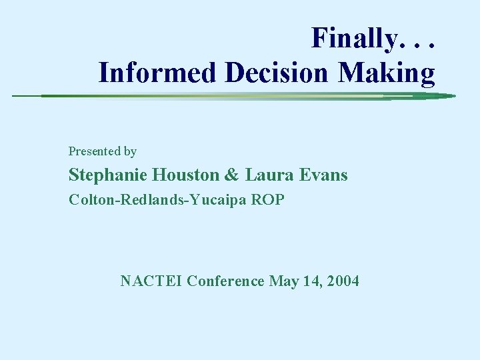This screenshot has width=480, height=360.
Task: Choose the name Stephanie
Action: tap(110, 175)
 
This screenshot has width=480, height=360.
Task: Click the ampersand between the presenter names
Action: tap(232, 175)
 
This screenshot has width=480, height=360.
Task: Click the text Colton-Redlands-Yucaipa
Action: tap(157, 200)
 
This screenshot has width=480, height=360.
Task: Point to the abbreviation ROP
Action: tap(267, 199)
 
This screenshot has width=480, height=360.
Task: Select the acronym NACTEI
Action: tap(151, 281)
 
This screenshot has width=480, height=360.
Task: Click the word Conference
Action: tap(225, 281)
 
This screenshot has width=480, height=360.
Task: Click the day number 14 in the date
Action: tap(311, 281)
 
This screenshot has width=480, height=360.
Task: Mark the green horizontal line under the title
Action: tap(233, 96)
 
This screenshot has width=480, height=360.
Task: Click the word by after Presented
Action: tap(129, 151)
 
